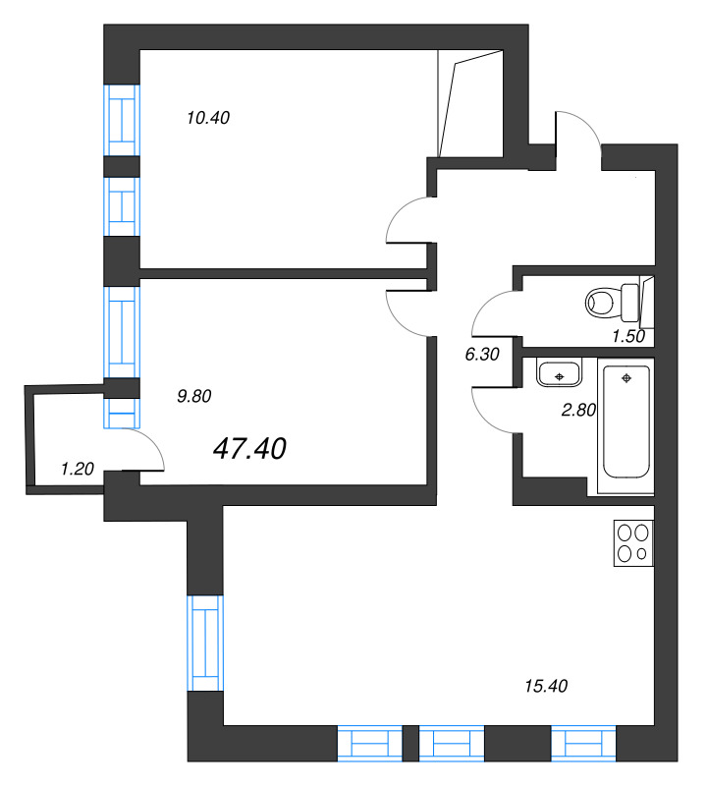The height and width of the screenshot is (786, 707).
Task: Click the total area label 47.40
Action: [249, 449]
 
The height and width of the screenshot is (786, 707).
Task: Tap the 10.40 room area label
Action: [207, 118]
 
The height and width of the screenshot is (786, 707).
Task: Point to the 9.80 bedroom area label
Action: [194, 397]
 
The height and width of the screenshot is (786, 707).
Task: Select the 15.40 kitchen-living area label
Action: [546, 684]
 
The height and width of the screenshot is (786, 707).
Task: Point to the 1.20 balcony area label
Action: [77, 470]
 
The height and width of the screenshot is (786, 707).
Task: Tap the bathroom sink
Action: [559, 374]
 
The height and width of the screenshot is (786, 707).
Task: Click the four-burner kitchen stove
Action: [632, 543]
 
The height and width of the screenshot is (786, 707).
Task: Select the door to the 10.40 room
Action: [407, 221]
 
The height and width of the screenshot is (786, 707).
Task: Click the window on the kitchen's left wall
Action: [205, 644]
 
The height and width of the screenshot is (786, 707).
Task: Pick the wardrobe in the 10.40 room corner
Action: [470, 104]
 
